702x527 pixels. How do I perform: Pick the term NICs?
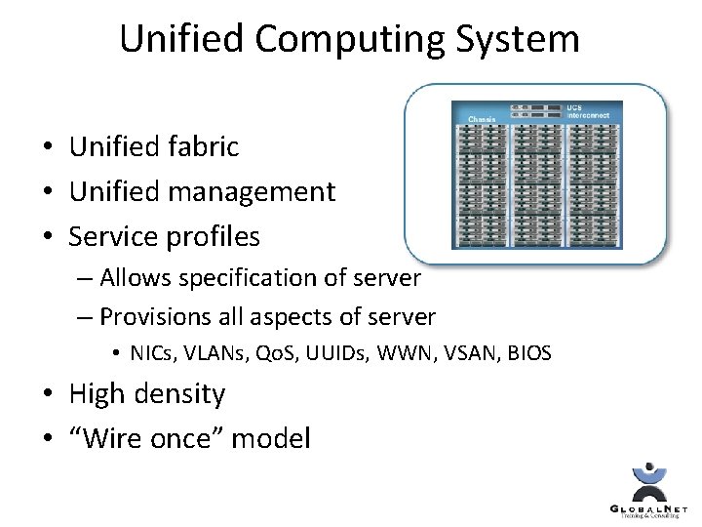(x=155, y=353)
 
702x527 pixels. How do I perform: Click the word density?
(x=179, y=394)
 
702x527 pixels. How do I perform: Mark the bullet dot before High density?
(x=47, y=395)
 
